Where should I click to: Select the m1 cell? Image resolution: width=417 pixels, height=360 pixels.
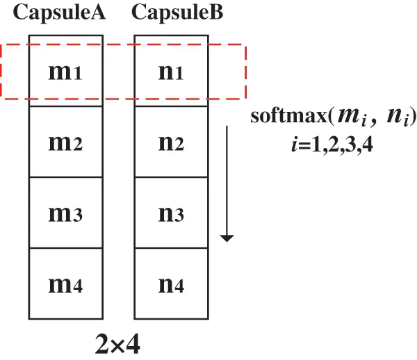click(x=65, y=72)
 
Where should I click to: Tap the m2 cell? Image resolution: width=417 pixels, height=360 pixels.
click(x=65, y=142)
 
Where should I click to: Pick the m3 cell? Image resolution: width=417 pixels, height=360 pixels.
click(x=65, y=213)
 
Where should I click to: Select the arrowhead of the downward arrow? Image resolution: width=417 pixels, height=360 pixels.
click(x=227, y=238)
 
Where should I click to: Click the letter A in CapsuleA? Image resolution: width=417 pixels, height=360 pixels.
click(x=97, y=13)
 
